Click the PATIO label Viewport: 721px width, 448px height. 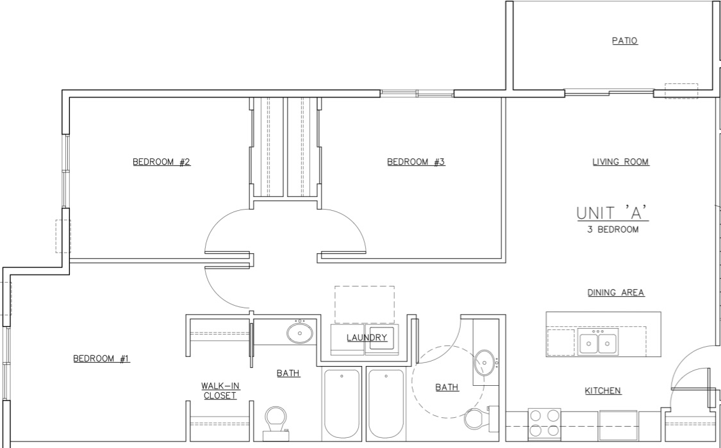click(624, 40)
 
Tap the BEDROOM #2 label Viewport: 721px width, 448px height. click(162, 162)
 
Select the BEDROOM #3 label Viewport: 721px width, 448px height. click(416, 162)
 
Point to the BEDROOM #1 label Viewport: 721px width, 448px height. click(102, 358)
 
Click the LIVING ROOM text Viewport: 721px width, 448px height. click(620, 162)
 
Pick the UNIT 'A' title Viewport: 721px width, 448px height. click(613, 213)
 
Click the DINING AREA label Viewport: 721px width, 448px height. click(616, 292)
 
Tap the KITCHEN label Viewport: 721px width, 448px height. click(603, 390)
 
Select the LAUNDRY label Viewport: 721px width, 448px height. click(367, 338)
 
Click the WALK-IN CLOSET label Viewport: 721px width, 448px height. click(220, 390)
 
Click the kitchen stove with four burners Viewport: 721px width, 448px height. click(544, 423)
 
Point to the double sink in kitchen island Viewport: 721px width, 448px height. click(598, 342)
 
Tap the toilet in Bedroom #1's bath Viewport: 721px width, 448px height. click(276, 423)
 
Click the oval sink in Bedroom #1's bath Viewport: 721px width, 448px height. click(300, 333)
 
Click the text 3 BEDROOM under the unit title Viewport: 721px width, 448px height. click(613, 229)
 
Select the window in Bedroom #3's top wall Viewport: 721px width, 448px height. click(417, 94)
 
